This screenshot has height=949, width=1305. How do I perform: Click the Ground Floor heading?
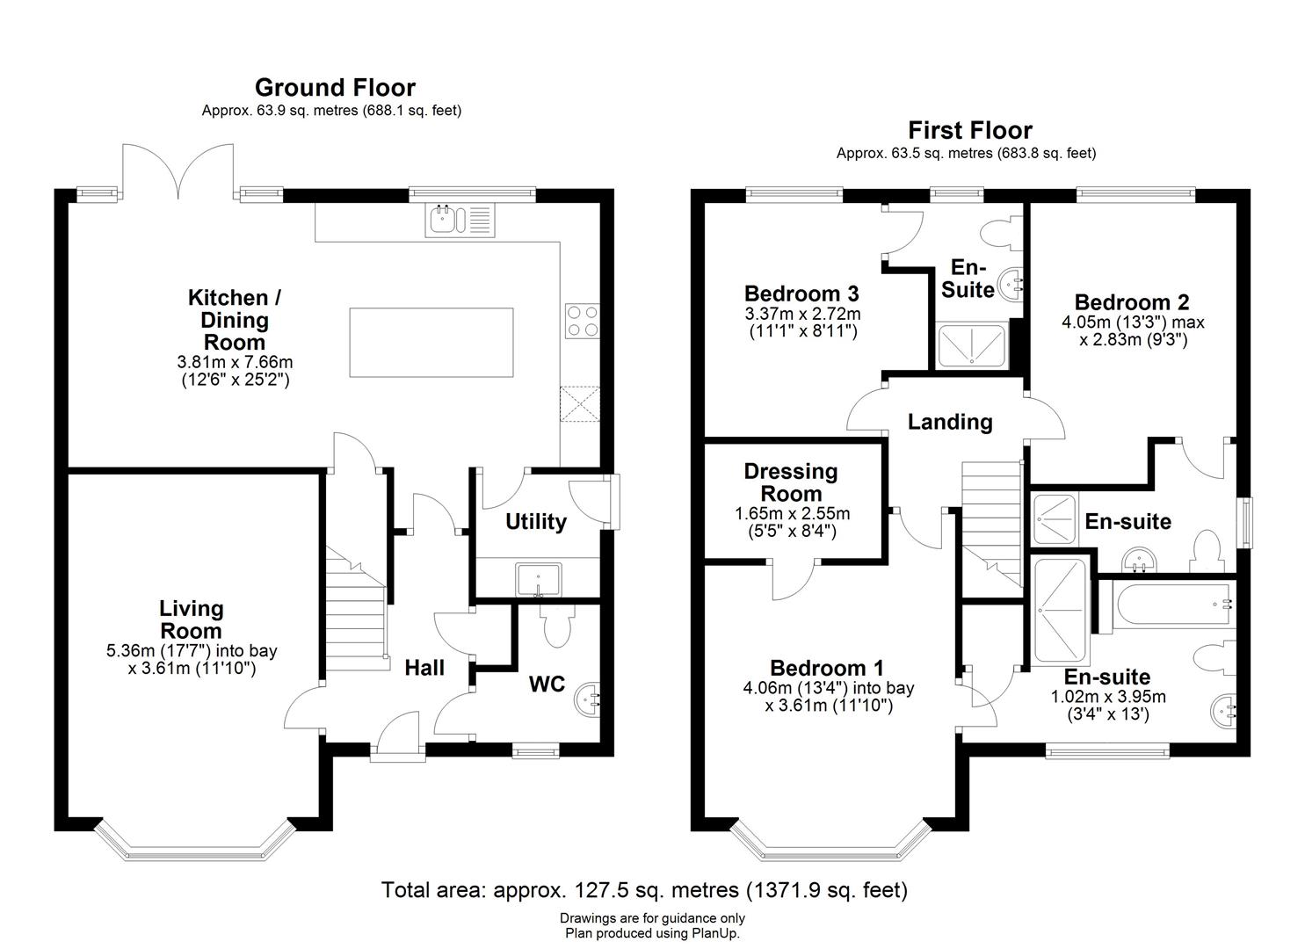pyautogui.click(x=335, y=87)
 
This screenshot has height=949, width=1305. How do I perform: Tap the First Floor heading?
pyautogui.click(x=969, y=130)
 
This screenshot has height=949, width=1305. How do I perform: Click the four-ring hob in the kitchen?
pyautogui.click(x=582, y=320)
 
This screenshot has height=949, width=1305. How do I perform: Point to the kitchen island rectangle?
pyautogui.click(x=431, y=342)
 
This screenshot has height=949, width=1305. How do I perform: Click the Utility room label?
pyautogui.click(x=535, y=522)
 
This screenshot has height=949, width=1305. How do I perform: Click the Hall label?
pyautogui.click(x=424, y=668)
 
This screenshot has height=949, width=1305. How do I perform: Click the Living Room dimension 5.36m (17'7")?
pyautogui.click(x=191, y=651)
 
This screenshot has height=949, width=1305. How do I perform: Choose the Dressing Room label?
pyautogui.click(x=791, y=482)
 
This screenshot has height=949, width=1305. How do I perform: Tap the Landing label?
pyautogui.click(x=950, y=422)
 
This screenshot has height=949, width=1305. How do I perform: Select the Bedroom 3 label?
pyautogui.click(x=801, y=293)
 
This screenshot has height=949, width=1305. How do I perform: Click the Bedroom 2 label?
pyautogui.click(x=1131, y=302)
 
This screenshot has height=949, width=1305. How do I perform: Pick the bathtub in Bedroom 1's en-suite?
pyautogui.click(x=1164, y=604)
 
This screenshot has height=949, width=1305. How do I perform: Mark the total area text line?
pyautogui.click(x=644, y=890)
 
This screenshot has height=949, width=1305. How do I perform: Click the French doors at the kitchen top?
pyautogui.click(x=180, y=171)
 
